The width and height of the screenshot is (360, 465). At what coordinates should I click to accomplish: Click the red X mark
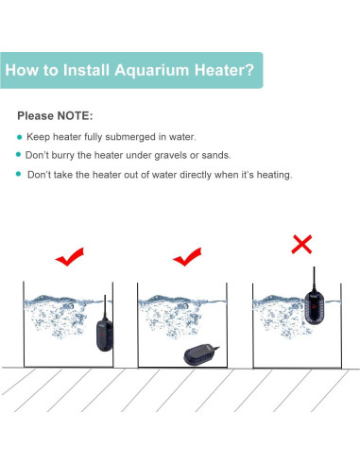[x=301, y=245]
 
